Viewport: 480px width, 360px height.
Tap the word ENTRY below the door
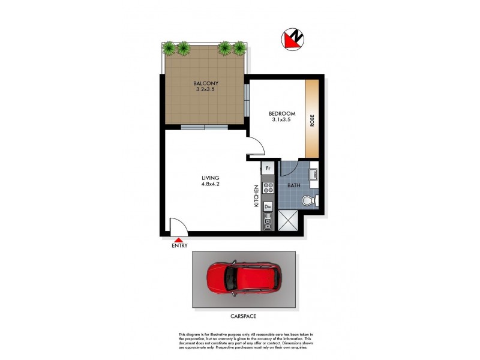pos(179,245)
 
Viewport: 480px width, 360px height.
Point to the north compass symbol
pos(293,40)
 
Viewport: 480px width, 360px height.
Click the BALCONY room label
pos(205,83)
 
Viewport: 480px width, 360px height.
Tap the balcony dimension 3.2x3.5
pos(205,90)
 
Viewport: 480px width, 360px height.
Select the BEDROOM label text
pos(281,113)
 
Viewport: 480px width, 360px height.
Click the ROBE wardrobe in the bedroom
pos(312,119)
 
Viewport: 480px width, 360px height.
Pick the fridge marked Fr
pos(268,169)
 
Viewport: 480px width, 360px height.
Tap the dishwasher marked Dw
pos(268,207)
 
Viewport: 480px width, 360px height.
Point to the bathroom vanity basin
pos(313,175)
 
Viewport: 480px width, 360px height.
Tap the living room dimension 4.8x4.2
pos(211,185)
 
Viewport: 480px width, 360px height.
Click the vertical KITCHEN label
pos(256,196)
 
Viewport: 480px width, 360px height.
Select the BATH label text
pos(293,186)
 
